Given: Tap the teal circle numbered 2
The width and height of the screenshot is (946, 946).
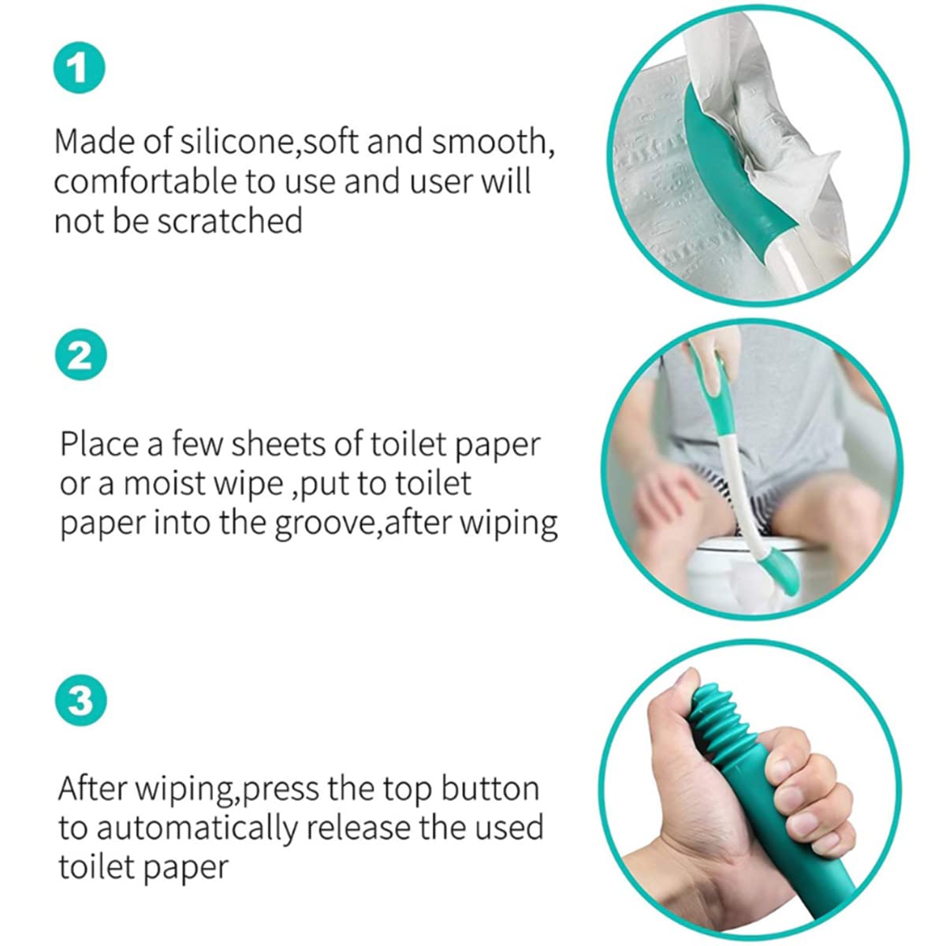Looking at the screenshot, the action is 80,355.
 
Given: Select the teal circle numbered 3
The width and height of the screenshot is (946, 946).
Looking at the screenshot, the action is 80,700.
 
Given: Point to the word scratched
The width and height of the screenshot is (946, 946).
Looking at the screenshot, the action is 229,221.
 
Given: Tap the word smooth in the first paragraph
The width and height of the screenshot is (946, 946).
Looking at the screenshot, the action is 493,141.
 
